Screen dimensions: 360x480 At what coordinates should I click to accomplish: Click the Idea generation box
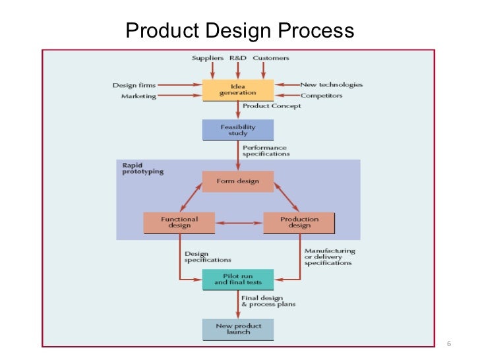[x=237, y=89]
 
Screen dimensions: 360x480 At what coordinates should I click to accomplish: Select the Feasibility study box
[x=237, y=130]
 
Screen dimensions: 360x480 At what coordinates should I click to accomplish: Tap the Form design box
[x=237, y=182]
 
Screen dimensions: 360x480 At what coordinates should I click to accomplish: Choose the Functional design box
[x=179, y=222]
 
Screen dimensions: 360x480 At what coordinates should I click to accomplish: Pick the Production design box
[x=299, y=222]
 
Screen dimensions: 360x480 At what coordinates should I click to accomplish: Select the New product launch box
[x=237, y=328]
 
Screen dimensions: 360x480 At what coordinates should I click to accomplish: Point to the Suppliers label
[x=208, y=58]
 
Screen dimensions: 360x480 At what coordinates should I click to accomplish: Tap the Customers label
[x=270, y=58]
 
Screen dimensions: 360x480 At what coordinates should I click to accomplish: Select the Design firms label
[x=135, y=84]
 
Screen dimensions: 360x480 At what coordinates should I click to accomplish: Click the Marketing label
[x=138, y=96]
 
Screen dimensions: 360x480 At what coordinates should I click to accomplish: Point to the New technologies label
[x=331, y=84]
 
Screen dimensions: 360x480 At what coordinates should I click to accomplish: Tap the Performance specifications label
[x=266, y=150]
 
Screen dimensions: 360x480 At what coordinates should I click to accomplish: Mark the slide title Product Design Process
[x=239, y=30]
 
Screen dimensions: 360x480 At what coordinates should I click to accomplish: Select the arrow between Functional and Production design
[x=239, y=223]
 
